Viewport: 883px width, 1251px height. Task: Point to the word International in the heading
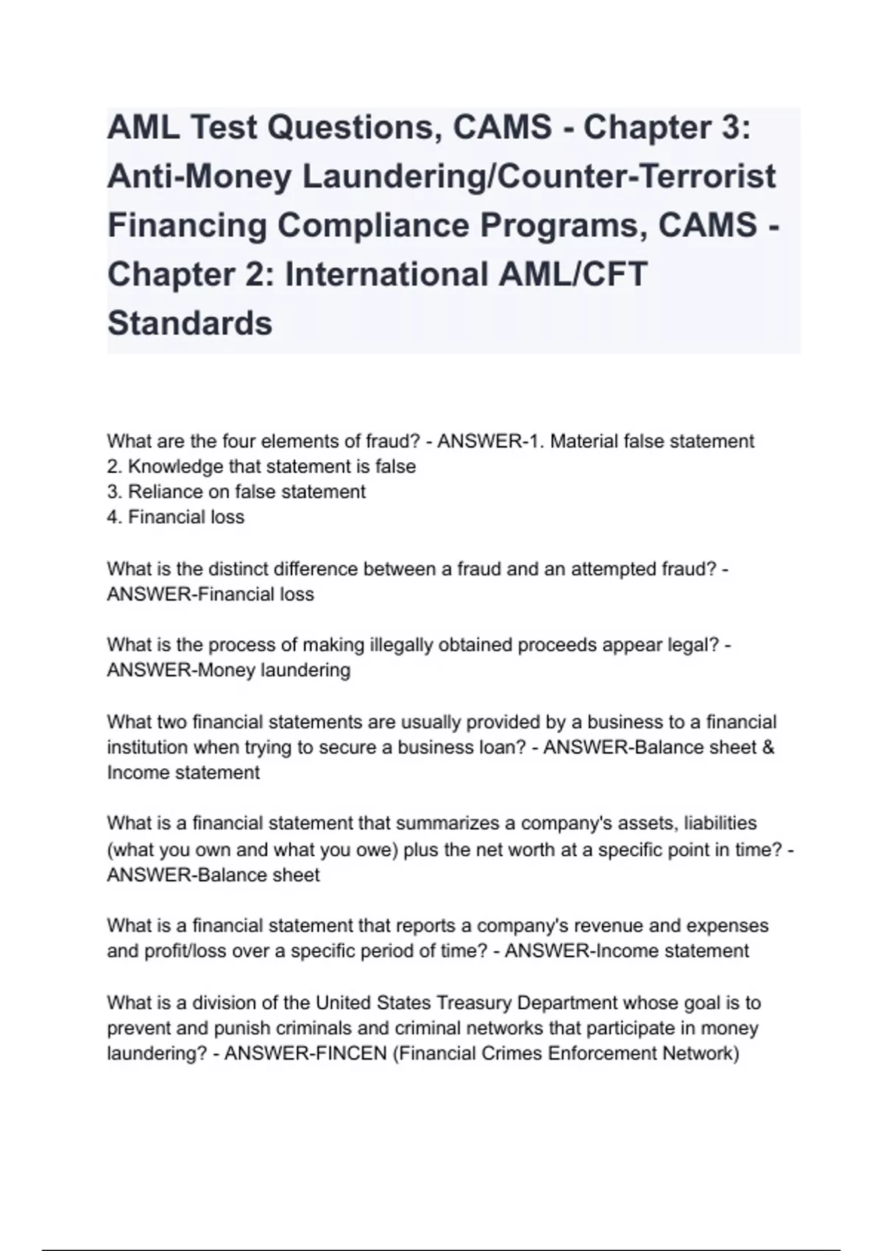[386, 274]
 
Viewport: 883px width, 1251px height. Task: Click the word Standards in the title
[190, 323]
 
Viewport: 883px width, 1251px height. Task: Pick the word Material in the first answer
[584, 442]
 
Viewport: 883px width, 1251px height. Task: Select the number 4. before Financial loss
[115, 517]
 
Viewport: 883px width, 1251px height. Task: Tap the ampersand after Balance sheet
[768, 748]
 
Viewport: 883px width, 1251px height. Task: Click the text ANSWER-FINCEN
[305, 1054]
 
